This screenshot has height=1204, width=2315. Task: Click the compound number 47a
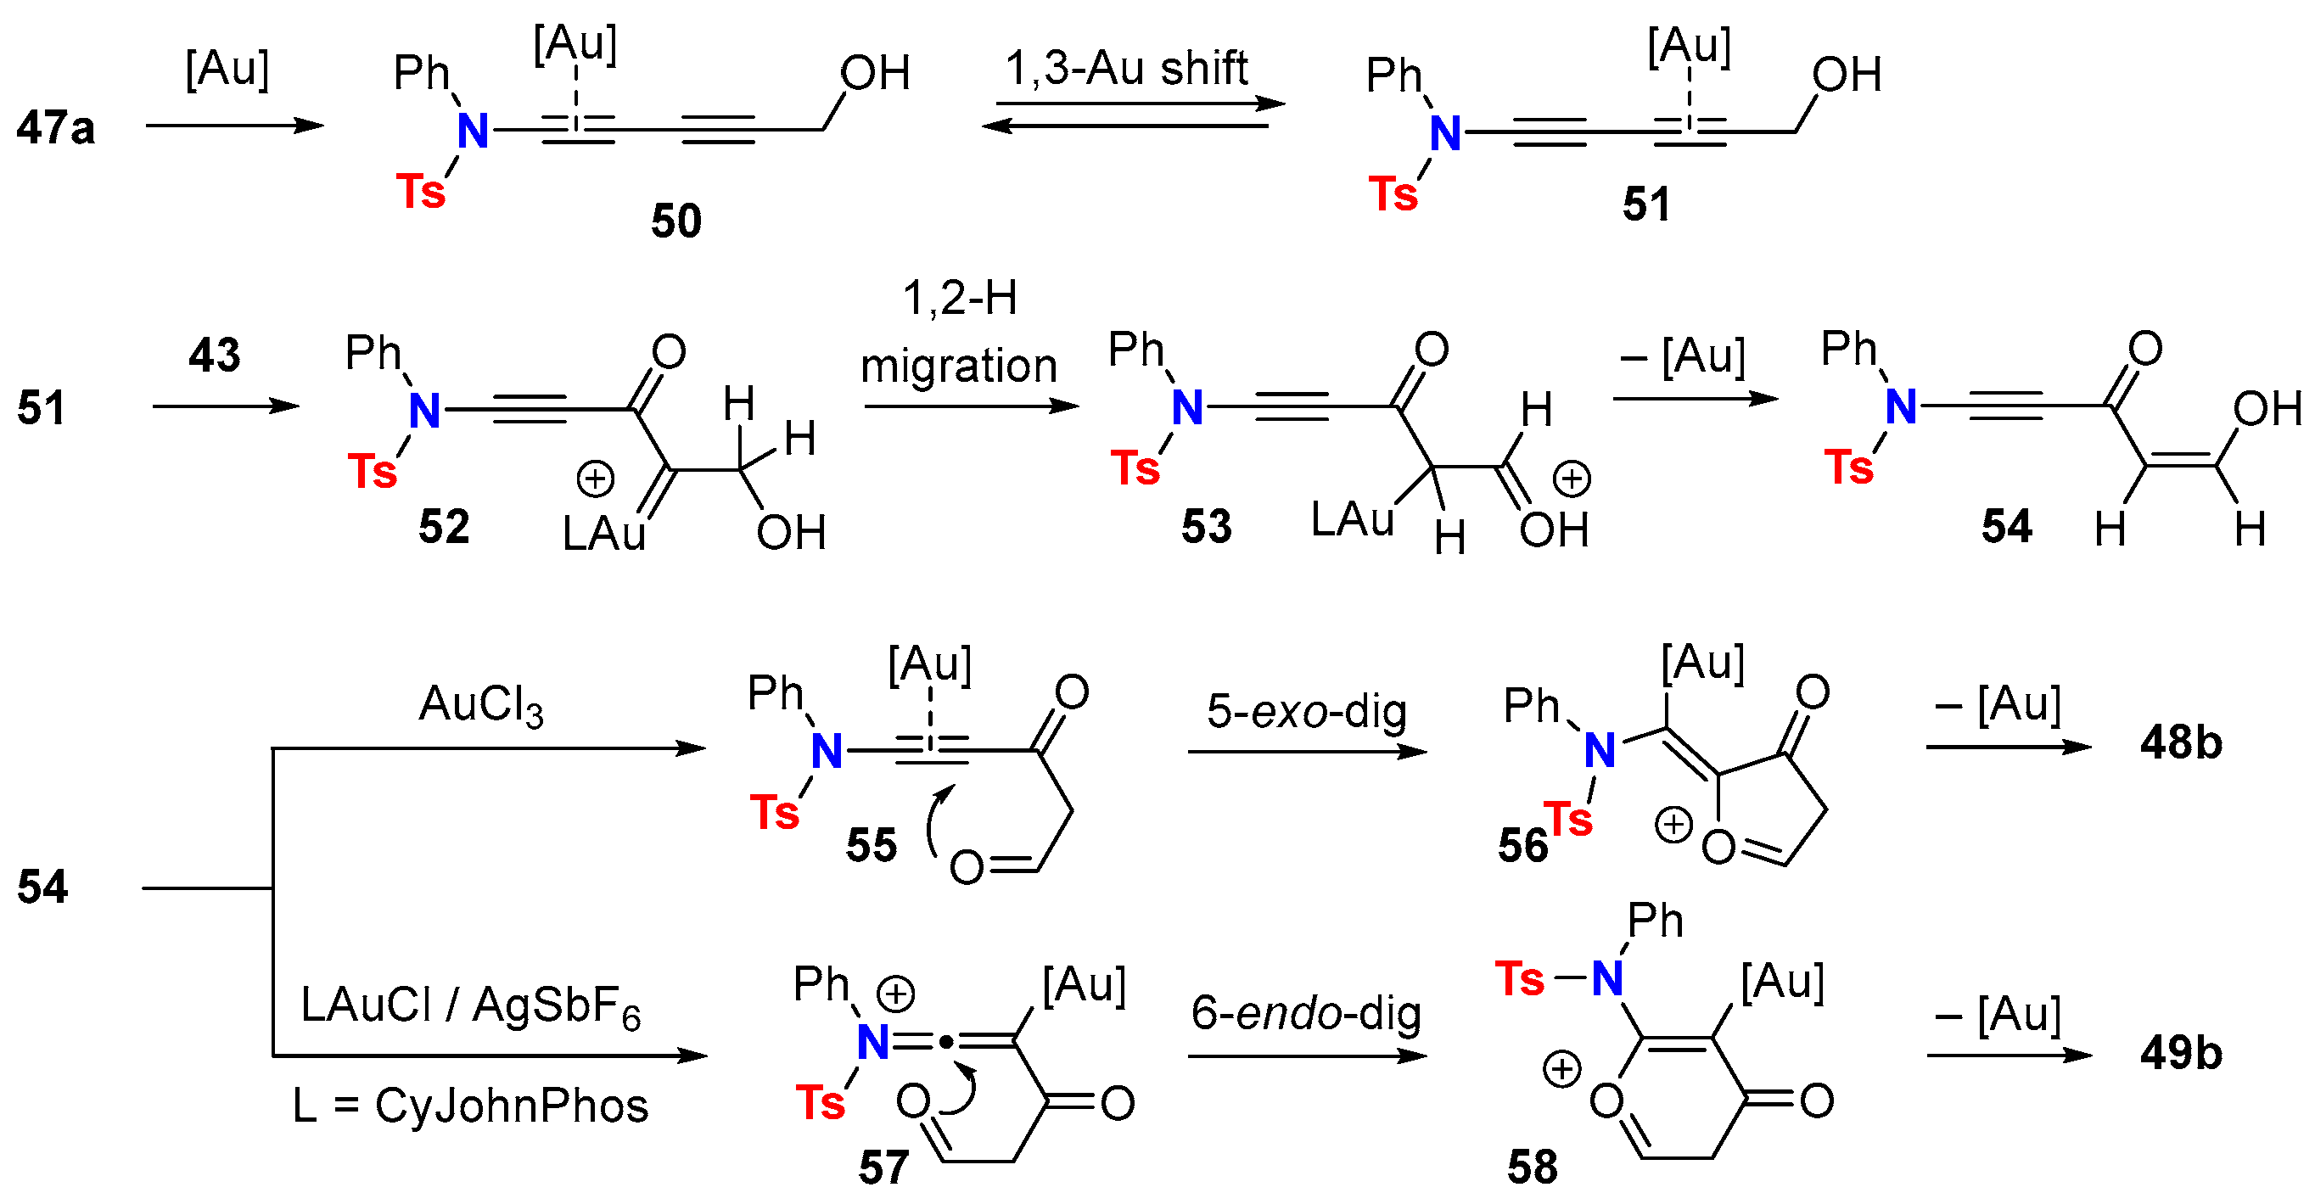point(56,127)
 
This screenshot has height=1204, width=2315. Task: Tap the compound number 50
point(675,221)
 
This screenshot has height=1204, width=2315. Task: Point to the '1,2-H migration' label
point(959,333)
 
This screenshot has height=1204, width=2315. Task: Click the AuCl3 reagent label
point(481,705)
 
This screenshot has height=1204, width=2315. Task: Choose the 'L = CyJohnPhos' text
point(470,1106)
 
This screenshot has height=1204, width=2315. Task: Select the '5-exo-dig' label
point(1306,712)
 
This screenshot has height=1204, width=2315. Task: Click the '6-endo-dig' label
point(1306,1014)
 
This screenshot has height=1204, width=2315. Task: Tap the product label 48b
point(2180,743)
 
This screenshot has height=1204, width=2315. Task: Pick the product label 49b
point(2180,1053)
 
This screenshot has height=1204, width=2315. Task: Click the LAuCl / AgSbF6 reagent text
point(470,1006)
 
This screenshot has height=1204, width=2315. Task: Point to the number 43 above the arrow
point(214,355)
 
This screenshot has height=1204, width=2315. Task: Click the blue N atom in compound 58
point(1607,978)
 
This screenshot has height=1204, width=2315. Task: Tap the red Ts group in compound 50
point(421,193)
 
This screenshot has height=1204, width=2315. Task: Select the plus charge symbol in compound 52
point(595,479)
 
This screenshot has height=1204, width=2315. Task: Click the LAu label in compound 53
point(1352,519)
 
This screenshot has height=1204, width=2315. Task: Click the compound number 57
point(883,1168)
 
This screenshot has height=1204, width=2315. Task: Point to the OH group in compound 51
point(1846,75)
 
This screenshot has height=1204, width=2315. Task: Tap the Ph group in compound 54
point(1848,349)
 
